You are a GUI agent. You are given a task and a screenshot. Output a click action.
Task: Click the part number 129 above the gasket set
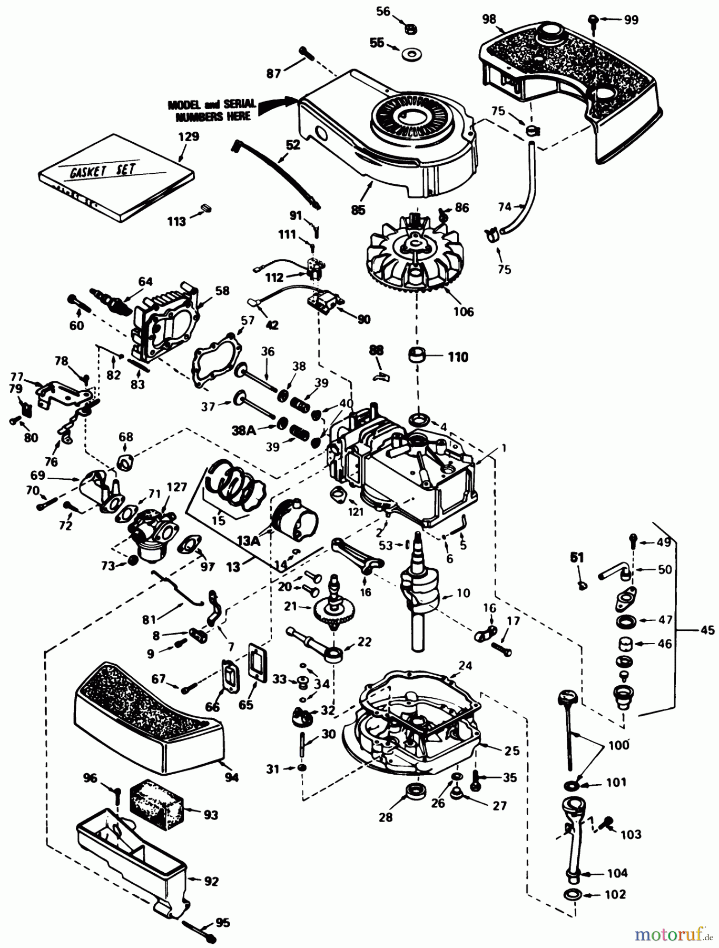tap(189, 137)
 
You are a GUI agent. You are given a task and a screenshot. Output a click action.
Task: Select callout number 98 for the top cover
tap(489, 19)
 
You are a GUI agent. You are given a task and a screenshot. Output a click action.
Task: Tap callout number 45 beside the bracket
tap(707, 630)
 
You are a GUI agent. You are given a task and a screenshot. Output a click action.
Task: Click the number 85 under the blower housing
tap(358, 210)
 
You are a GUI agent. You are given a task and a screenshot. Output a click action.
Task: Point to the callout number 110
tap(457, 357)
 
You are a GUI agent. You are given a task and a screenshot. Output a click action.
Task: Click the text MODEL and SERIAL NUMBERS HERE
tap(212, 110)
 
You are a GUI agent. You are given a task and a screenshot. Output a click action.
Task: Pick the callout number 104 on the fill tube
tap(616, 873)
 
